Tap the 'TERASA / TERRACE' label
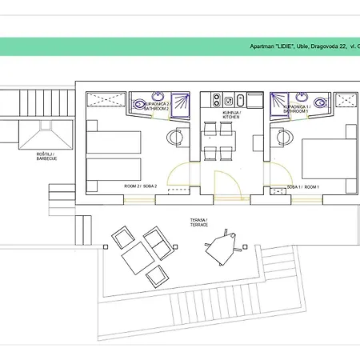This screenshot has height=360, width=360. coord(198,222)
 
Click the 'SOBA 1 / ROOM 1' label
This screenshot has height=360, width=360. coord(302,187)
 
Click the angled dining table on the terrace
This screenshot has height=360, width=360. coord(222,250)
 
